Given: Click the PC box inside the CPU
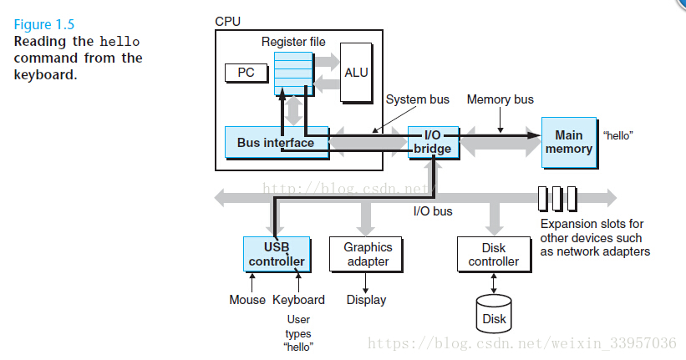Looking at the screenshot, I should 246,73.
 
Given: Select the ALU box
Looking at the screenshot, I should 357,73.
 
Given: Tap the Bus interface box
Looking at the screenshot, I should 276,143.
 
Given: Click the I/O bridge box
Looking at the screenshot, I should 432,142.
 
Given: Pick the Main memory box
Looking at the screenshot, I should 568,142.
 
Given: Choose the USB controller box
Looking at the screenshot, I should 276,254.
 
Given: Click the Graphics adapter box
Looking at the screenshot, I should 368,254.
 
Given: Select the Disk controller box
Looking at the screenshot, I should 494,254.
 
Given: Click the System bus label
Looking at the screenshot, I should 417,100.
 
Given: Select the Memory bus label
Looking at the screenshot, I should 500,100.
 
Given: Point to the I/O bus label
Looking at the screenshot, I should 433,211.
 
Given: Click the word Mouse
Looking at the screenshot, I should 247,300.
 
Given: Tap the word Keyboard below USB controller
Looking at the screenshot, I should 298,300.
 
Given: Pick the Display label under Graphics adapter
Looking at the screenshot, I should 366,300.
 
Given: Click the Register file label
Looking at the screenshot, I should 293,42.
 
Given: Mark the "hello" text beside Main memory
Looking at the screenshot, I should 617,134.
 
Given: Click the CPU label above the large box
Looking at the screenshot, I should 227,20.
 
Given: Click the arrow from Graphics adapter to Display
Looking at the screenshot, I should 366,283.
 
